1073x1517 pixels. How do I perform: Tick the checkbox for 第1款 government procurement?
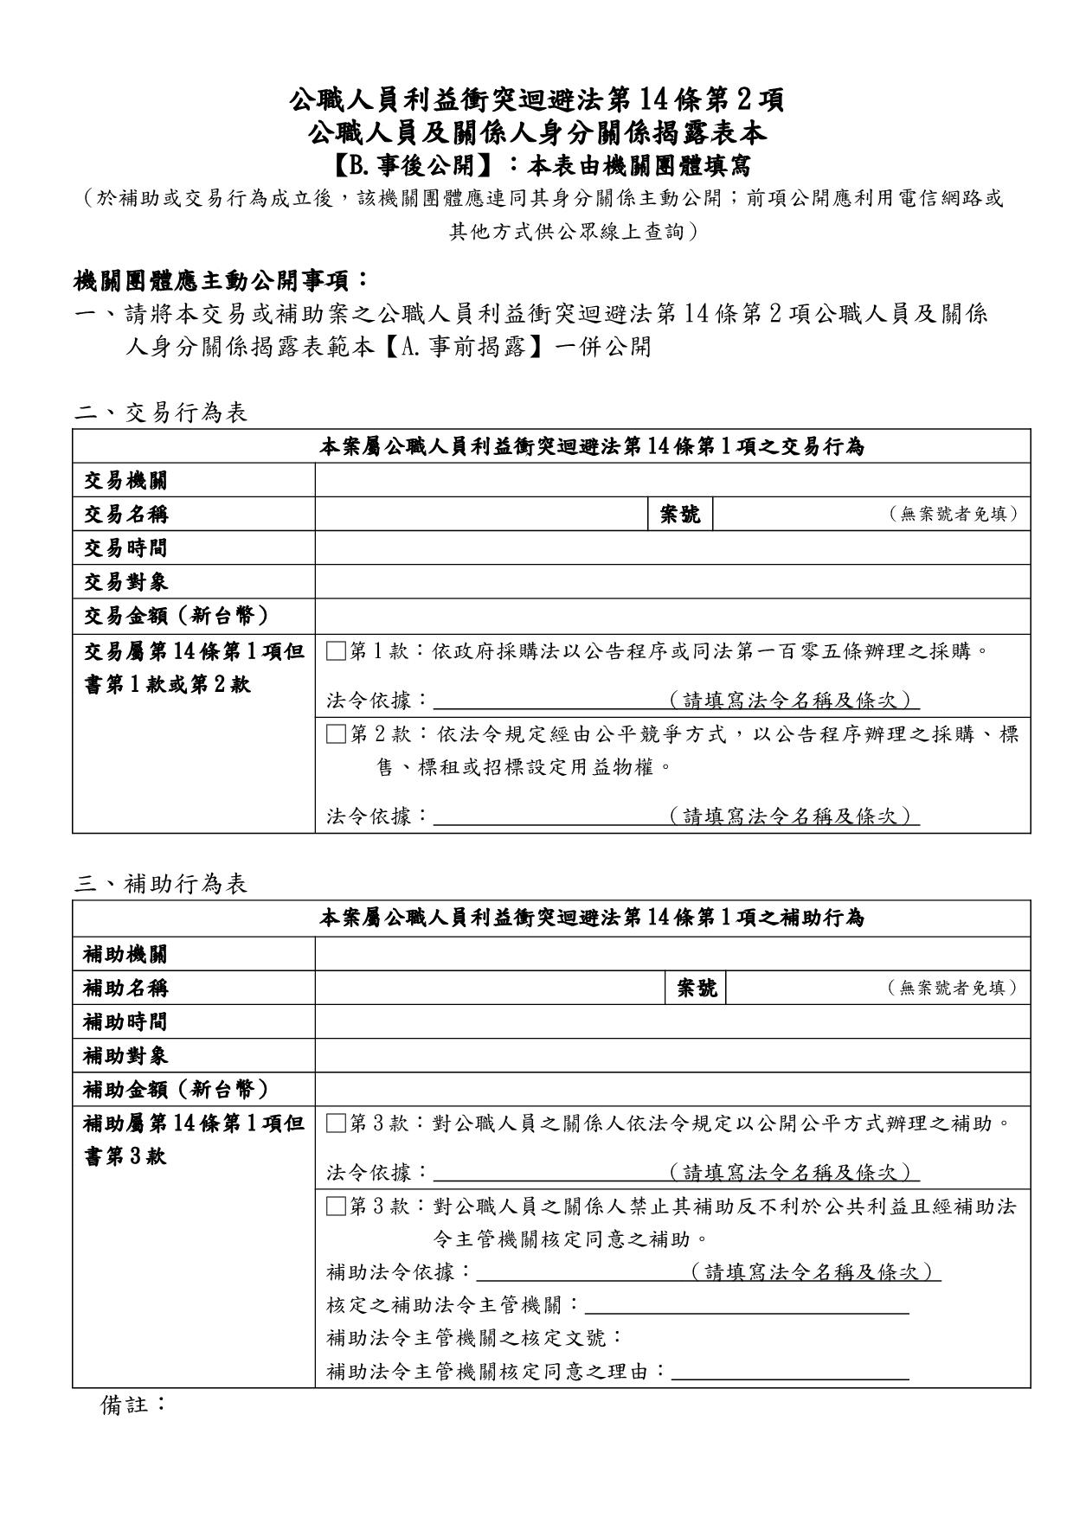[336, 651]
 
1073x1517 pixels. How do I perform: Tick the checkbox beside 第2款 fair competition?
[336, 735]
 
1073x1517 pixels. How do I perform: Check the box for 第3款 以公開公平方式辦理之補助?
[336, 1123]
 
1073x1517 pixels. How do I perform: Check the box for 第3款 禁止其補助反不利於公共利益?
[336, 1207]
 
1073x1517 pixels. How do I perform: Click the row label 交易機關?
[125, 480]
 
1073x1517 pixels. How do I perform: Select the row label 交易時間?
[125, 547]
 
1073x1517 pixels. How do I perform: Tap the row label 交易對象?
[125, 581]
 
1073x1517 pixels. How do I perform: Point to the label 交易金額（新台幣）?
[177, 616]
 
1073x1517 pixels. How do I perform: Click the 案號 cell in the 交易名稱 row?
[680, 514]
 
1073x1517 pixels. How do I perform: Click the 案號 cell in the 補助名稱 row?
[697, 988]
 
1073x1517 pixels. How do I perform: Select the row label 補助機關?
[125, 954]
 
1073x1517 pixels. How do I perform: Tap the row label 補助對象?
[125, 1055]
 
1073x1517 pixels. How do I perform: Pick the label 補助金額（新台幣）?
[177, 1089]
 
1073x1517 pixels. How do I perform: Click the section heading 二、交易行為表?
[161, 413]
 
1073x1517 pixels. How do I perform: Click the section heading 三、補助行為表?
[161, 883]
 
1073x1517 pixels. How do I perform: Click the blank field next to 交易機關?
[672, 480]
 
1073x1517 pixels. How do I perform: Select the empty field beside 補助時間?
[672, 1021]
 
